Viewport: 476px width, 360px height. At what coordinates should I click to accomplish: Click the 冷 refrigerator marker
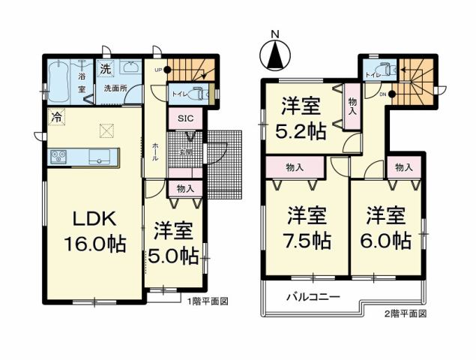56,116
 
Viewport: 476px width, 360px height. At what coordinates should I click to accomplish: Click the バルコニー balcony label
313,297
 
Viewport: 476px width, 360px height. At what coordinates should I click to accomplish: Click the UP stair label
158,70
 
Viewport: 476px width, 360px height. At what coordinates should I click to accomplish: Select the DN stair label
382,94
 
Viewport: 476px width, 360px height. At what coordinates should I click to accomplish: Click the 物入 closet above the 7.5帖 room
295,166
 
